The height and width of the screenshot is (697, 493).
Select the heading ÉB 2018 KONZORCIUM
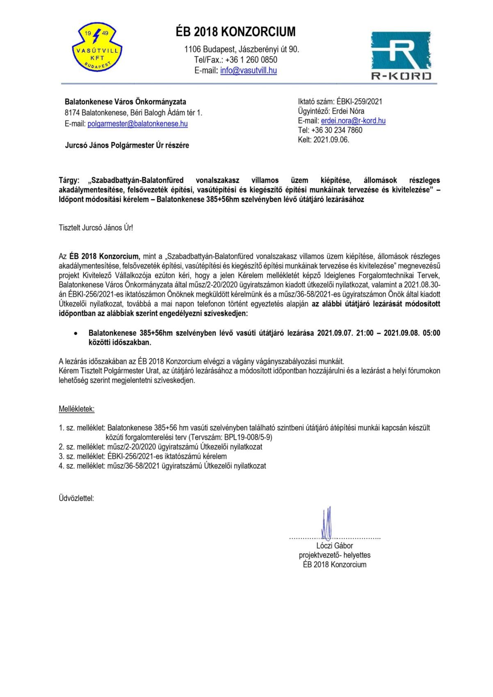pyautogui.click(x=235, y=32)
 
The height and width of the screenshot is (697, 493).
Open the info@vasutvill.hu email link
pyautogui.click(x=248, y=71)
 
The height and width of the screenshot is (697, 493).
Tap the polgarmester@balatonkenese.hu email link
pyautogui.click(x=137, y=124)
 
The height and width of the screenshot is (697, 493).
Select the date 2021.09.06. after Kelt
pyautogui.click(x=331, y=140)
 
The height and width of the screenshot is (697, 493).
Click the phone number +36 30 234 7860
pyautogui.click(x=337, y=130)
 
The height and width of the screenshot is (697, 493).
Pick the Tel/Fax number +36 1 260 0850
pyautogui.click(x=251, y=60)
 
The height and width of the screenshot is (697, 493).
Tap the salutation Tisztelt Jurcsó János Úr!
pyautogui.click(x=96, y=228)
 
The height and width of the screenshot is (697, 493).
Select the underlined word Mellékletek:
pyautogui.click(x=77, y=409)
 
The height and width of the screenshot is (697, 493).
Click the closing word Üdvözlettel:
pyautogui.click(x=76, y=499)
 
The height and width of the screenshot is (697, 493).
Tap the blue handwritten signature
pyautogui.click(x=327, y=523)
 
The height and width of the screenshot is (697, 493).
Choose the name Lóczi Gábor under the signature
pyautogui.click(x=335, y=546)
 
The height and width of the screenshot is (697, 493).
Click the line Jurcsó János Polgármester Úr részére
pyautogui.click(x=127, y=145)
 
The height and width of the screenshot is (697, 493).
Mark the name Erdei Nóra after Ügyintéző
pyautogui.click(x=348, y=111)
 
